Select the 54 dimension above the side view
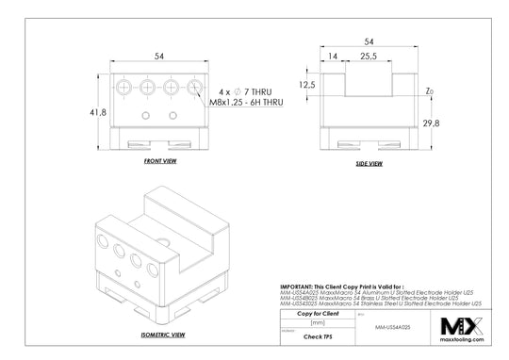coord(368,41)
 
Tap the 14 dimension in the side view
coord(333,57)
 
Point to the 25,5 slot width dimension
coord(369,57)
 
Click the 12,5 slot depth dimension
coord(305,84)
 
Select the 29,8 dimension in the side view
coord(432,123)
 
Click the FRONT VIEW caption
coord(160,162)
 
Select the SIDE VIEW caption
coord(368,163)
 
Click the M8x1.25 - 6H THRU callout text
coord(246,100)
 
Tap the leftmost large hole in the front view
coord(126,87)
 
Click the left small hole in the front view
coord(145,115)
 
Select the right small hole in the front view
coord(172,115)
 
